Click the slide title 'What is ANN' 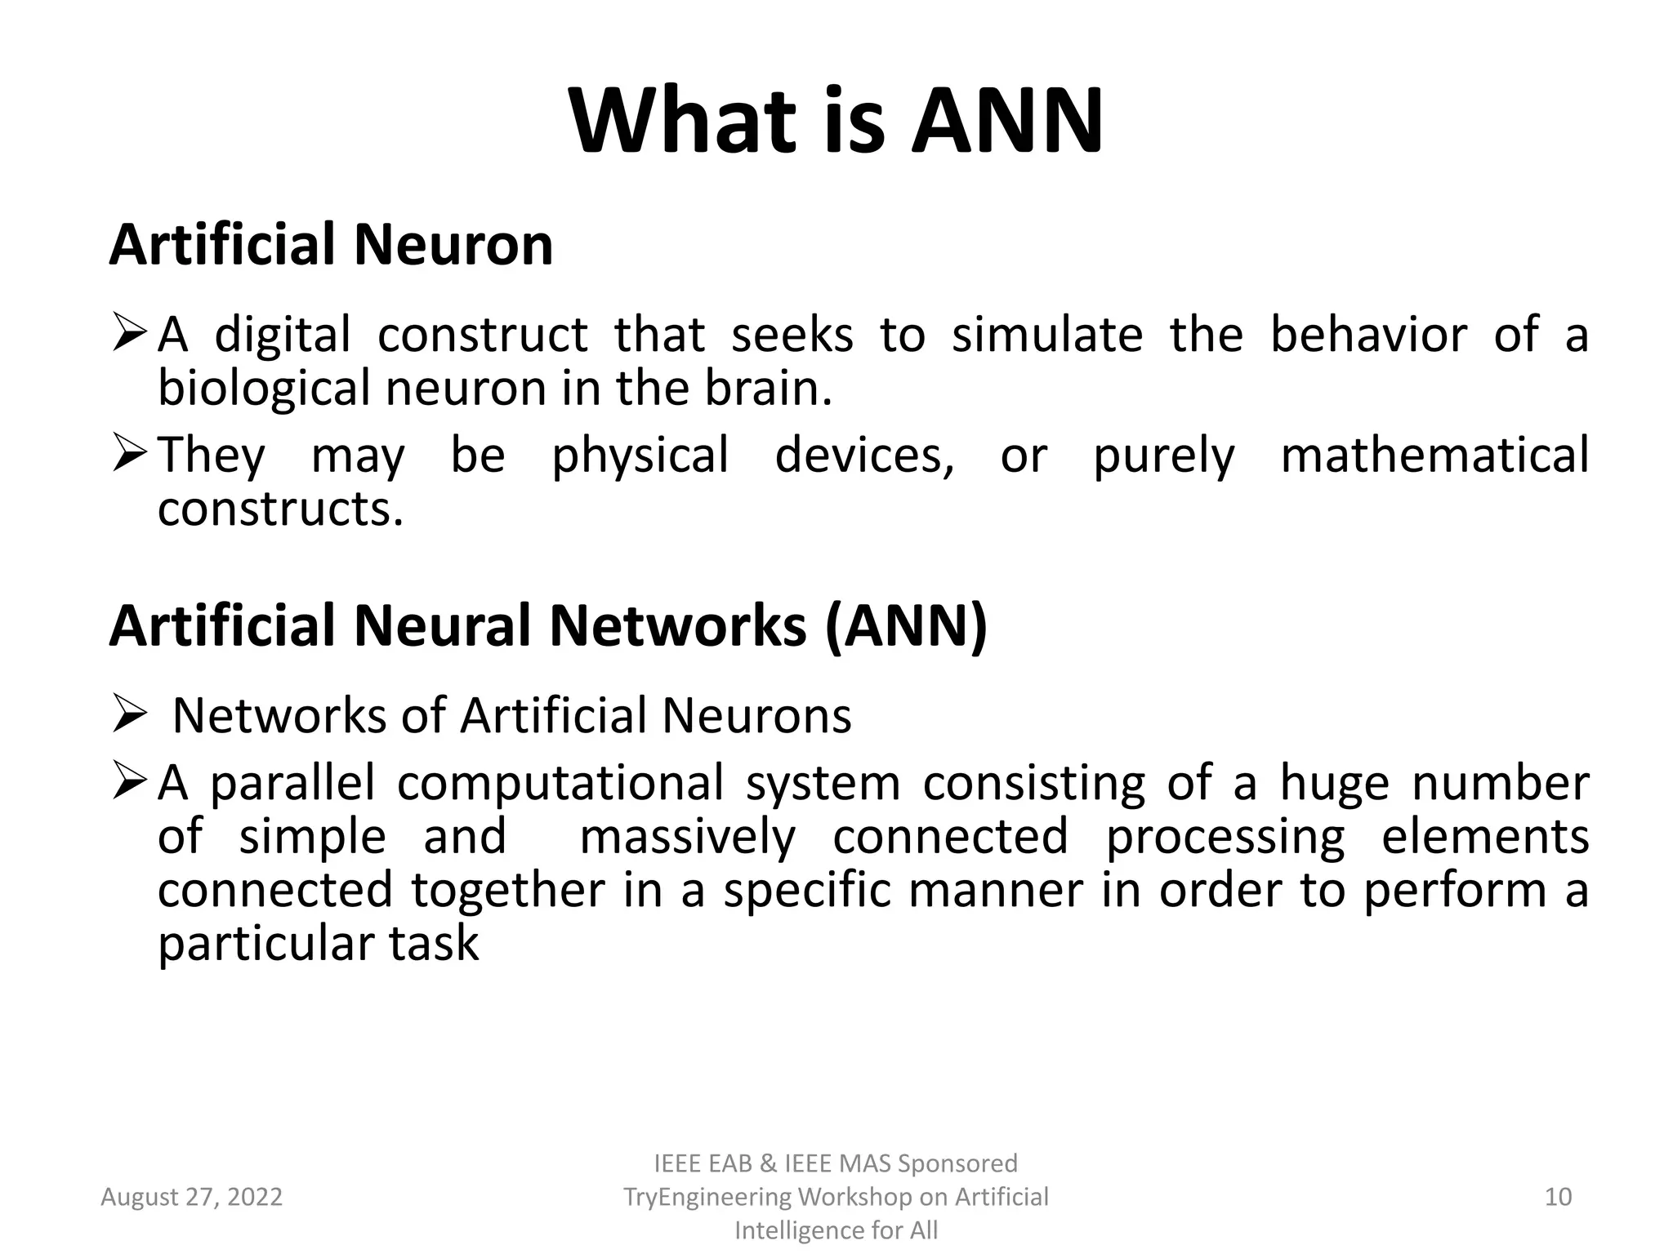(836, 122)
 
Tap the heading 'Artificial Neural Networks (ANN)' (548, 625)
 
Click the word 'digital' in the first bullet (283, 335)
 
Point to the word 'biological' (264, 389)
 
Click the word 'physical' (640, 456)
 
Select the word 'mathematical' (1434, 455)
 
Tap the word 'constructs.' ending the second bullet (280, 509)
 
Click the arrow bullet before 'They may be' (128, 455)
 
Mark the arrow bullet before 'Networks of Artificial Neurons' (128, 715)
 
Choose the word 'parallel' (292, 782)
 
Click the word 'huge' (1334, 784)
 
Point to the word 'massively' (687, 838)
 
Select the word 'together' (507, 890)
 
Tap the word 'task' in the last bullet (433, 944)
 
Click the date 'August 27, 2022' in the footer (191, 1197)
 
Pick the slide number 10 (1558, 1197)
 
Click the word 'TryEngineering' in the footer (707, 1197)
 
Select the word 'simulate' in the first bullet (1047, 335)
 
